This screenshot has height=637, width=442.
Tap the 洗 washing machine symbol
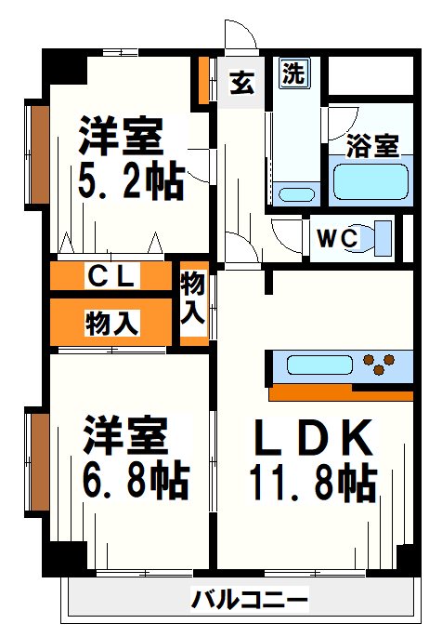292,73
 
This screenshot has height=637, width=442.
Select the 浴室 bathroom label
372,146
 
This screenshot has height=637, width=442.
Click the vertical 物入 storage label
192,298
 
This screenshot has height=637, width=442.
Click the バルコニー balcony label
249,600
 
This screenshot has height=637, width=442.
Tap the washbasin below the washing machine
297,195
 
